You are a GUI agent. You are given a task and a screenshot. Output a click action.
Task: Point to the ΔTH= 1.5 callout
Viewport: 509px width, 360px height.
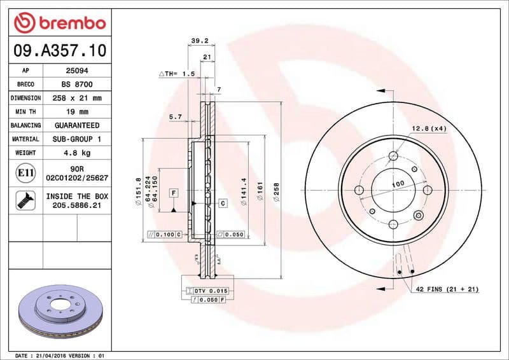[x=176, y=74]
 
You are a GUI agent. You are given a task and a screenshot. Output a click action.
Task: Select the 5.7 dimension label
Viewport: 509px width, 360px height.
[x=176, y=117]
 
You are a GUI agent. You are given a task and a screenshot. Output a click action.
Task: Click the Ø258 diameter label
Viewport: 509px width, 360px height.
[x=276, y=191]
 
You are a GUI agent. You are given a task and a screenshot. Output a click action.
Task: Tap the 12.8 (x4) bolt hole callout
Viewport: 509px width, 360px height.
[x=428, y=129]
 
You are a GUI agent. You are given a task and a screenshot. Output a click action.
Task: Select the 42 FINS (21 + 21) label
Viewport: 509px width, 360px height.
[x=447, y=289]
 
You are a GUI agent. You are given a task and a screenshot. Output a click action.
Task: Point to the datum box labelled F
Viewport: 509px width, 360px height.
[x=172, y=191]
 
